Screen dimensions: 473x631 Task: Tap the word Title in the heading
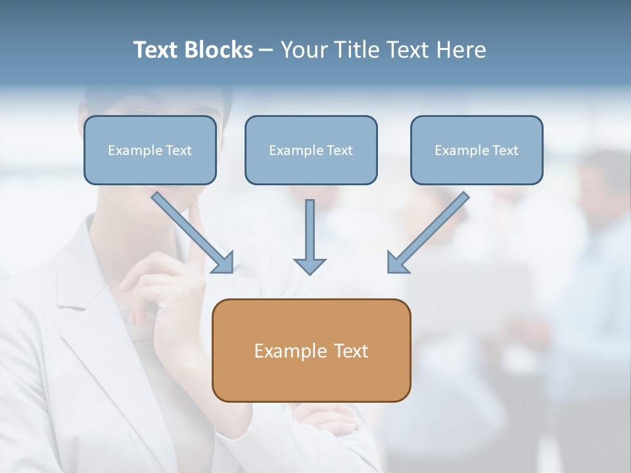point(356,50)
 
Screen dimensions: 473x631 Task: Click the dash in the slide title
point(266,51)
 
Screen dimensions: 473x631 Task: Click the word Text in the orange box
point(351,351)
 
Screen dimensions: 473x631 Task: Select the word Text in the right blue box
point(505,150)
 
